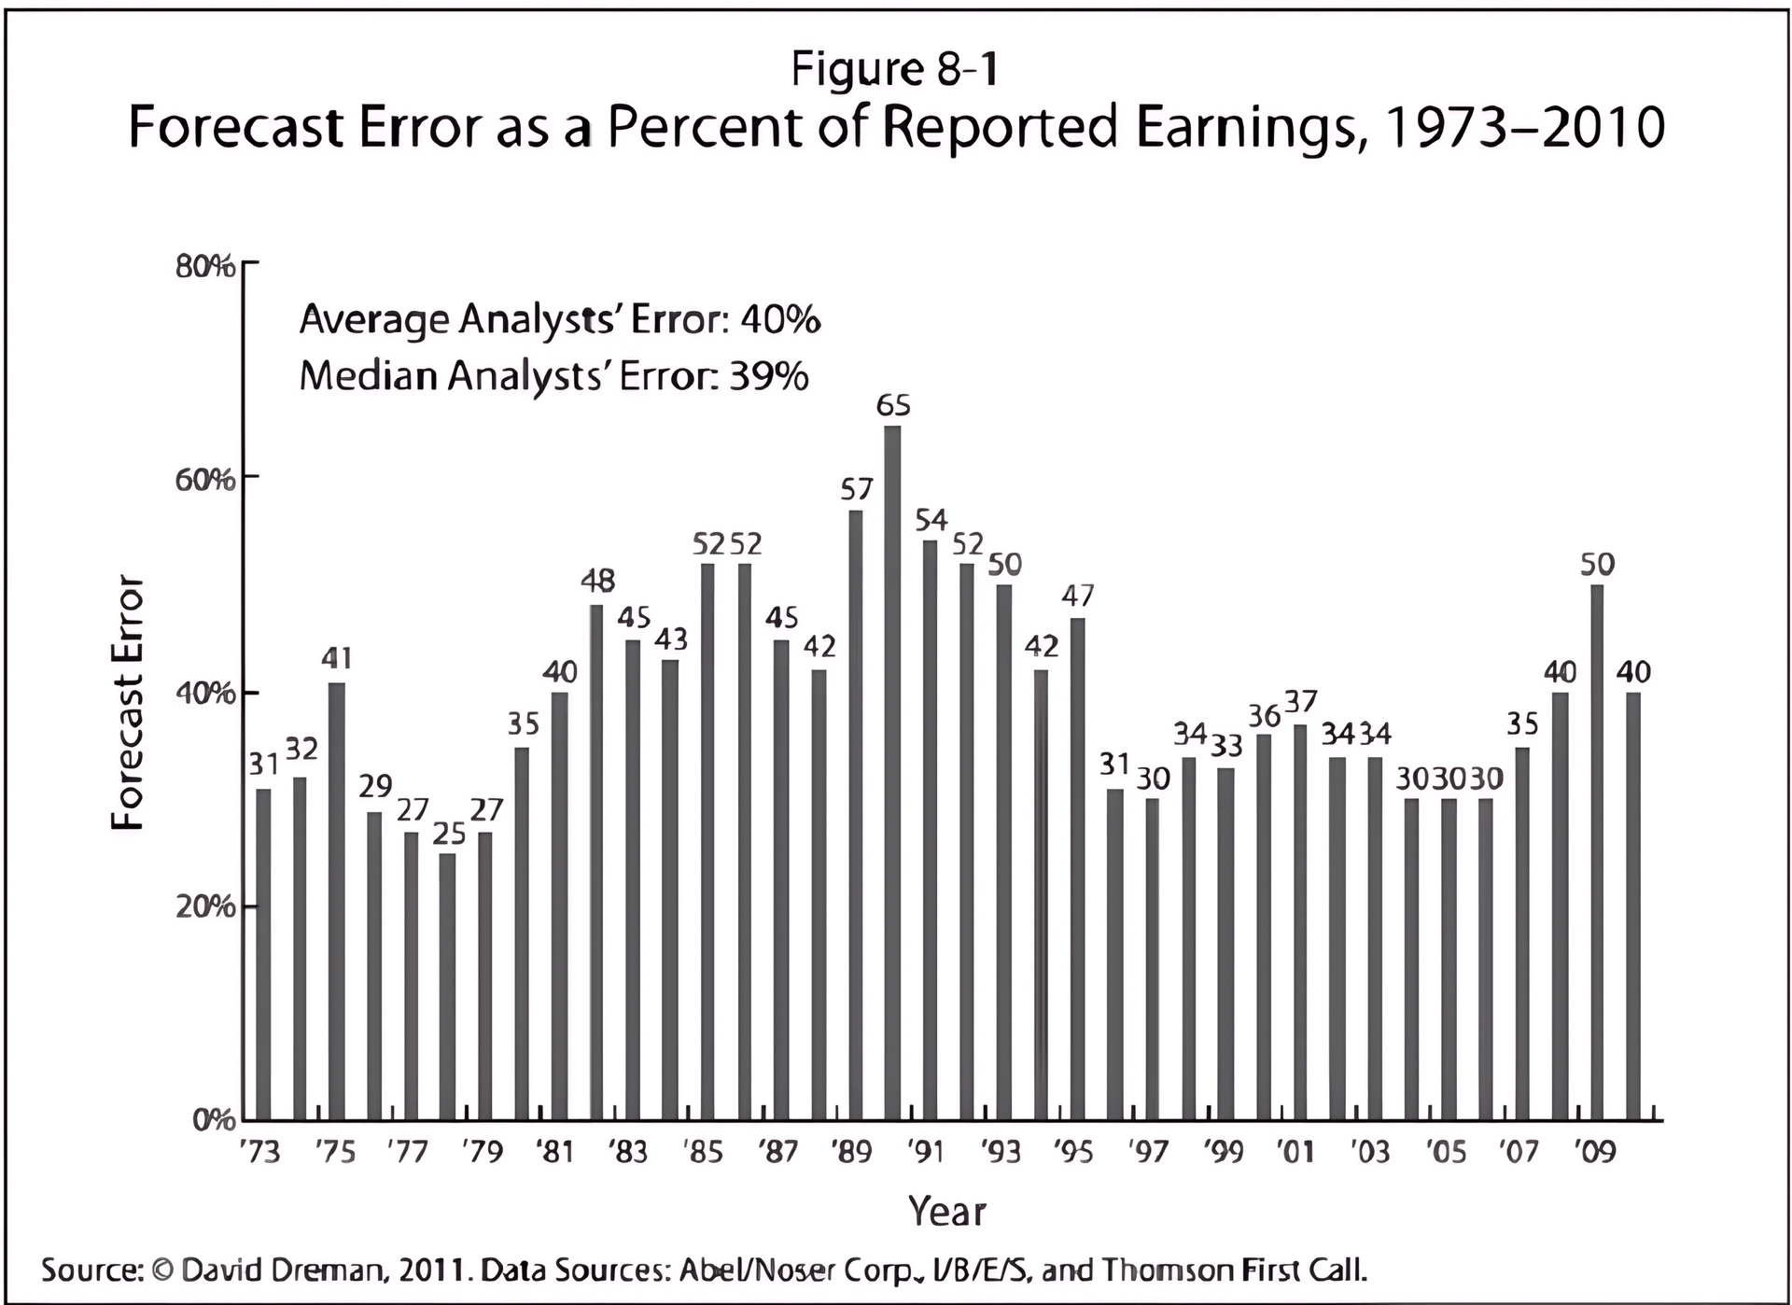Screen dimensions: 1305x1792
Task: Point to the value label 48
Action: [x=597, y=581]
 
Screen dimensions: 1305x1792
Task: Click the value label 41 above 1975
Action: [x=337, y=659]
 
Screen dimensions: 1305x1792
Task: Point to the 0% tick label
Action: [x=214, y=1120]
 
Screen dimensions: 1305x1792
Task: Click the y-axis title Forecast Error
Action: [x=128, y=702]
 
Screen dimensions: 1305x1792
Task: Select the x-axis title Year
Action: [x=946, y=1211]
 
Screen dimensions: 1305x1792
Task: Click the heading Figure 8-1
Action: [x=895, y=69]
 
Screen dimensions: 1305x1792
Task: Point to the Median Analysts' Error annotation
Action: [x=553, y=376]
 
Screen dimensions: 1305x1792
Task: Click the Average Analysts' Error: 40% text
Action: [x=559, y=320]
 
